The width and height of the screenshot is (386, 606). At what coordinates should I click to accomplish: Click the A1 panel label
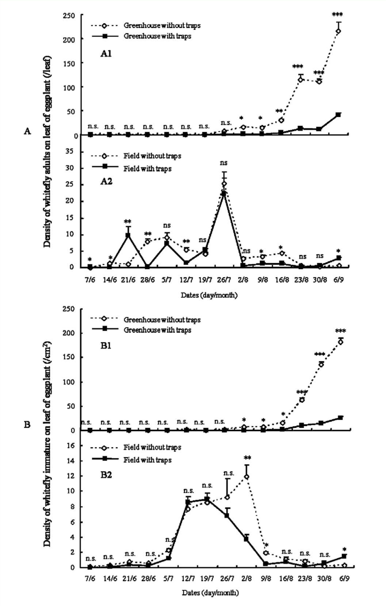pos(106,54)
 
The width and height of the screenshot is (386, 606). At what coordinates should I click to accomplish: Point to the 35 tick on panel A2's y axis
pos(71,152)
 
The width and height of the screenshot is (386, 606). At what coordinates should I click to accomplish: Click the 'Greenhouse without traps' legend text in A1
pos(162,25)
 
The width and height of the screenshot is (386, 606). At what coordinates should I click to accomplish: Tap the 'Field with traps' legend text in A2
pos(147,168)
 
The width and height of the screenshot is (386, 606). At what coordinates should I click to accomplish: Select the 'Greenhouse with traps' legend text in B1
pos(157,330)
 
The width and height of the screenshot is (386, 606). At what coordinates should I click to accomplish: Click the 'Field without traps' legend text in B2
pos(152,447)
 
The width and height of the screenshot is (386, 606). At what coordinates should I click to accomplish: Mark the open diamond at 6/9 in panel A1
pos(338,31)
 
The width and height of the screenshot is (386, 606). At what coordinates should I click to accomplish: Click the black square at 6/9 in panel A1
pos(338,115)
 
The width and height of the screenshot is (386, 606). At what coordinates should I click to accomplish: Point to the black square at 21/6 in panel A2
pos(128,235)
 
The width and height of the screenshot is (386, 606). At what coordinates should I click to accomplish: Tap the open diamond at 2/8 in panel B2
pos(247,477)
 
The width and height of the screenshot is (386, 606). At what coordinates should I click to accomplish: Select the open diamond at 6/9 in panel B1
pos(341,342)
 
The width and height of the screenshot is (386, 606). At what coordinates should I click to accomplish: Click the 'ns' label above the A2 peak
pos(223,163)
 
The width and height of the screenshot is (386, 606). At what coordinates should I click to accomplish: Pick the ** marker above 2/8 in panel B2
pos(247,457)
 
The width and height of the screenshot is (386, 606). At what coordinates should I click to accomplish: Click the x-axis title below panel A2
pos(209,295)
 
